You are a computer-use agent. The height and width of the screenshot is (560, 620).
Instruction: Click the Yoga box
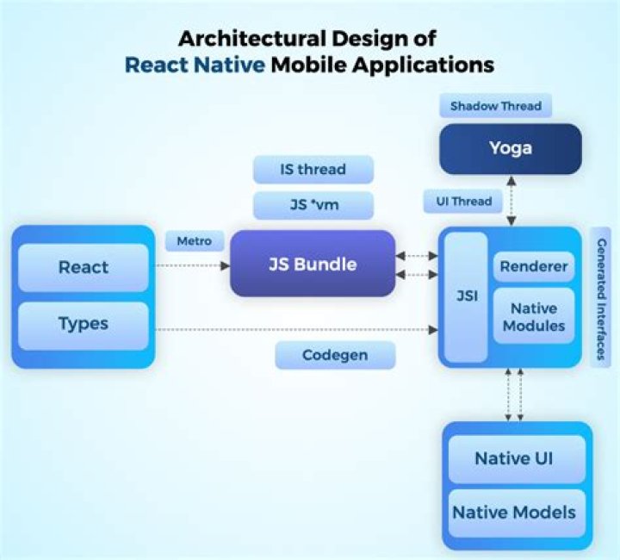click(511, 148)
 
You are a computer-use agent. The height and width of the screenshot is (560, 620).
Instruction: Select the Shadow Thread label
click(495, 106)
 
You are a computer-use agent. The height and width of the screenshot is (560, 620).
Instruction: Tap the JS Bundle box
click(313, 263)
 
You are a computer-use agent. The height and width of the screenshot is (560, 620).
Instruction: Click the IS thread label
click(313, 170)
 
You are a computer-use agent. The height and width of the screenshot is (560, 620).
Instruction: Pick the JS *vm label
click(313, 206)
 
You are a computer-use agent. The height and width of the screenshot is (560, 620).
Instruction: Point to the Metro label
click(194, 241)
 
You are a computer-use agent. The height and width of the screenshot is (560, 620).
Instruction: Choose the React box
click(84, 267)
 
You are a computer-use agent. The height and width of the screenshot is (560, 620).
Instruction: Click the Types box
click(84, 324)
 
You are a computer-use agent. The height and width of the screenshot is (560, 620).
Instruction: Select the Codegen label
click(335, 355)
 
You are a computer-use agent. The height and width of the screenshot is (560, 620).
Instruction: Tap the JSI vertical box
click(464, 296)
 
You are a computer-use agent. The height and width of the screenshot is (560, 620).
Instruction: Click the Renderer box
click(534, 266)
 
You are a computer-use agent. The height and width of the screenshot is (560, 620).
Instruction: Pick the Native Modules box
click(534, 316)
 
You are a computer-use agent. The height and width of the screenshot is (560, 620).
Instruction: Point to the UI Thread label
click(463, 202)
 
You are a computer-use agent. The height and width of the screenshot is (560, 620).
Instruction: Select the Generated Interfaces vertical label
click(600, 296)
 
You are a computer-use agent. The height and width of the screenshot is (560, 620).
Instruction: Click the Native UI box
click(514, 457)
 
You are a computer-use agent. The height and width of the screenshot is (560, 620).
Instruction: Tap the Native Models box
click(514, 512)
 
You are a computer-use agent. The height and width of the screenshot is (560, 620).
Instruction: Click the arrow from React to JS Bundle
click(192, 265)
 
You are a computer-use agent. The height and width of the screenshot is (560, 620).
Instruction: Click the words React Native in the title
click(195, 65)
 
